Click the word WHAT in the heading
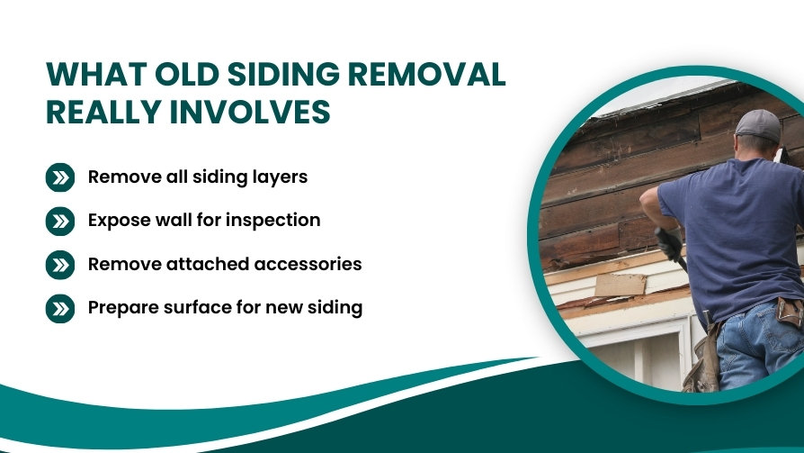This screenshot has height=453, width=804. (x=96, y=75)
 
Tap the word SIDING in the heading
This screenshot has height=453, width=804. (x=283, y=75)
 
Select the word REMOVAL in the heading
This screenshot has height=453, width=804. (x=426, y=75)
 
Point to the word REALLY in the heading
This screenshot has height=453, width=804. (x=103, y=112)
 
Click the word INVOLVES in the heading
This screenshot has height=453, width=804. (x=250, y=112)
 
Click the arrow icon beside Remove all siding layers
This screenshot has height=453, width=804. (x=60, y=177)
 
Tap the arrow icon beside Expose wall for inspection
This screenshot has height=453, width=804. (x=60, y=222)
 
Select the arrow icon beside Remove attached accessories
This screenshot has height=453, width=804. (x=60, y=265)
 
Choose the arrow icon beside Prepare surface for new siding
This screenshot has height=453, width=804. (x=60, y=309)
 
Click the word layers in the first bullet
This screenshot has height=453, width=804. (x=280, y=177)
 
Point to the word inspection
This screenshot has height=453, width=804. (x=272, y=221)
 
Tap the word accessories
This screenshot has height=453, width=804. (x=308, y=264)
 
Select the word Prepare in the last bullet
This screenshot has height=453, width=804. (x=123, y=308)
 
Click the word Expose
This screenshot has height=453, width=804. (x=120, y=221)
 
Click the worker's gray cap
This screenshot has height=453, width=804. (x=758, y=124)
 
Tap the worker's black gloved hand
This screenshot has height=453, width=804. (x=668, y=243)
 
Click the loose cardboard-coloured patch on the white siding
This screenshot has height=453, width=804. (x=621, y=285)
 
